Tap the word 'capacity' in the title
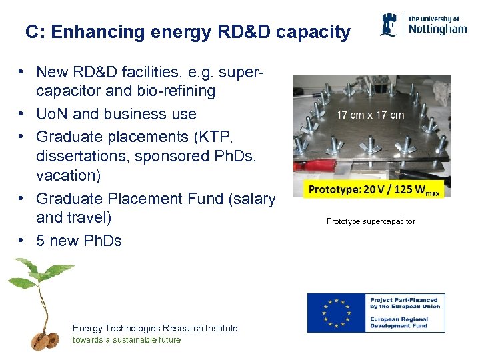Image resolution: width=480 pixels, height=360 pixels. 316,32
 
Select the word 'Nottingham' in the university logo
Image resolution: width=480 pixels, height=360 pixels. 437,29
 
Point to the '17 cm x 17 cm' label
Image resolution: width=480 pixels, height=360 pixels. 370,115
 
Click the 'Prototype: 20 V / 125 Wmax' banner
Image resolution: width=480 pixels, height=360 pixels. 373,189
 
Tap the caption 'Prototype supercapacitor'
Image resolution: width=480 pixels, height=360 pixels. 371,221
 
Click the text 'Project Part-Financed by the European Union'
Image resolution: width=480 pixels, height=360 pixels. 405,303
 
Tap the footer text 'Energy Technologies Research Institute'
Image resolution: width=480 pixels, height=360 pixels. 155,328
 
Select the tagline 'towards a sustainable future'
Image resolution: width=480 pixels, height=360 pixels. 127,339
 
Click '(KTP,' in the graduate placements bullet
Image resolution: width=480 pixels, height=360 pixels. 216,137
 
